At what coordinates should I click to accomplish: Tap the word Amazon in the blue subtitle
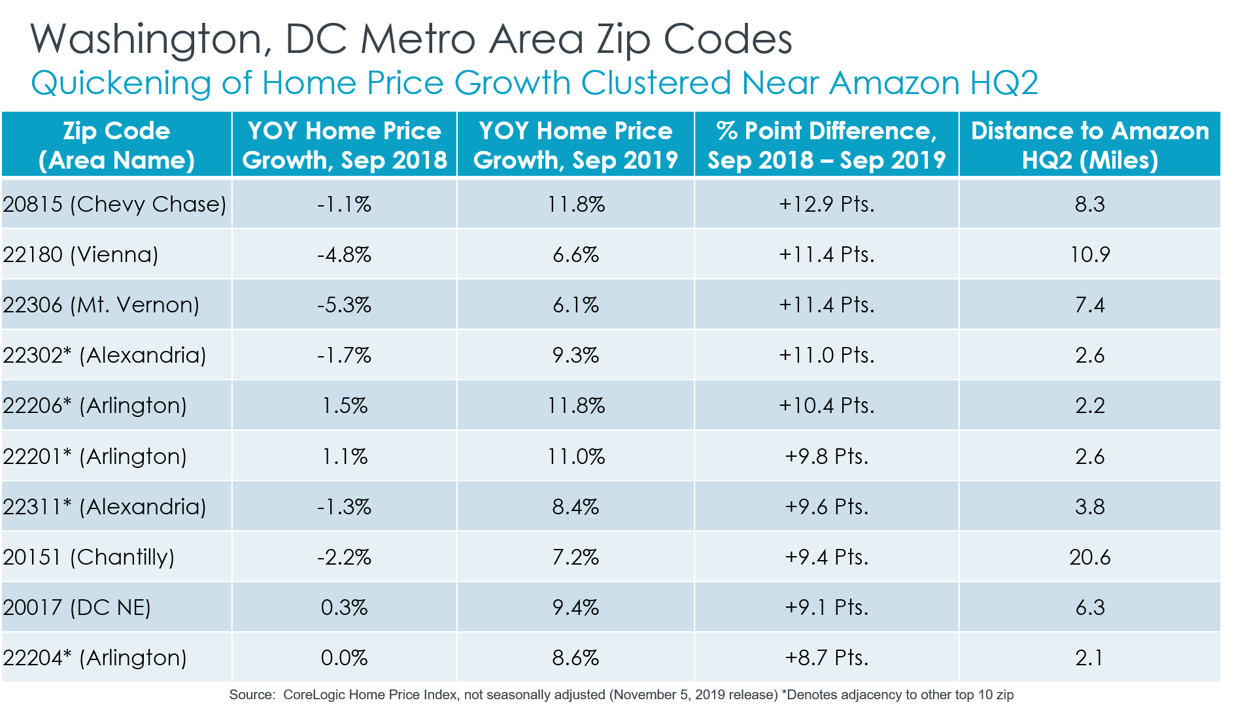tap(895, 84)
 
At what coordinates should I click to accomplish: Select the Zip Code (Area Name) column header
tap(116, 145)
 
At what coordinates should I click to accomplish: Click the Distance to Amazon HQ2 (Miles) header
tap(1089, 145)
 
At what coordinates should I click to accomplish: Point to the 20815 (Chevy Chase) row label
tap(114, 205)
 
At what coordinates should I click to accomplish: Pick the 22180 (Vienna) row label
tap(80, 255)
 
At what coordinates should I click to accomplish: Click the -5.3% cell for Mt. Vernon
tap(344, 305)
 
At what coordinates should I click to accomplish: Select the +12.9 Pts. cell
tap(827, 205)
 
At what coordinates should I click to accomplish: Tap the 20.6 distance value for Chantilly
tap(1089, 557)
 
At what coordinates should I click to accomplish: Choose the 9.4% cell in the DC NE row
tap(575, 608)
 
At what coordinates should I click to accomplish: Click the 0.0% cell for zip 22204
tap(344, 658)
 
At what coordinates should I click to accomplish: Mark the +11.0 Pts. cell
tap(827, 355)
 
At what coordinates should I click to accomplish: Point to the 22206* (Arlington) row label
tap(95, 406)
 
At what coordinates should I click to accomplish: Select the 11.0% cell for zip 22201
tap(575, 456)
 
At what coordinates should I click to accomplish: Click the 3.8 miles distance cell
tap(1089, 507)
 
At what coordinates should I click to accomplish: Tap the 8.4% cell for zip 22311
tap(575, 507)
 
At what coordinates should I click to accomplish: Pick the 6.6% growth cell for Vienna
tap(575, 255)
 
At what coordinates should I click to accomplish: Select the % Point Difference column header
tap(827, 145)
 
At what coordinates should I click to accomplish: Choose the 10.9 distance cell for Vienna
tap(1089, 255)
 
